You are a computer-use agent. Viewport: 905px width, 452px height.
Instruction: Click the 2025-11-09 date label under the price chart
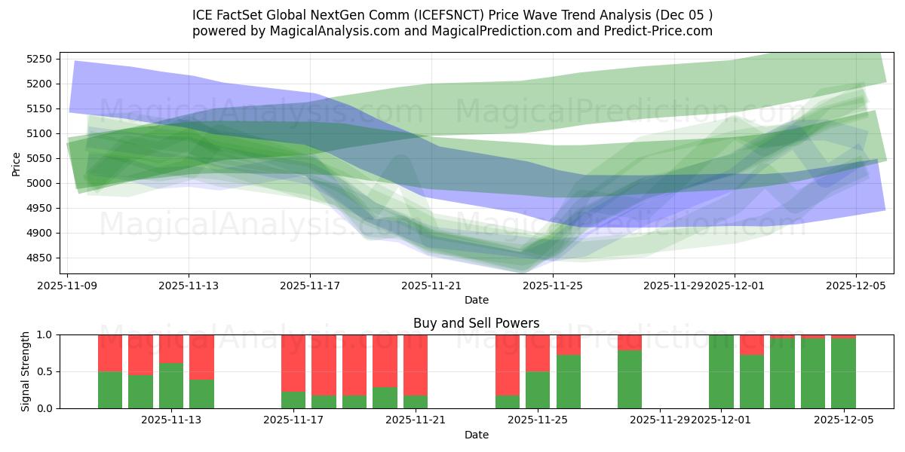pyautogui.click(x=68, y=286)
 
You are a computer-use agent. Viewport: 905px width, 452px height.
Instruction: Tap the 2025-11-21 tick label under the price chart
pyautogui.click(x=431, y=286)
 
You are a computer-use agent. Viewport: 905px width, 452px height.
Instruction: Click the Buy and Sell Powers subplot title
pyautogui.click(x=476, y=323)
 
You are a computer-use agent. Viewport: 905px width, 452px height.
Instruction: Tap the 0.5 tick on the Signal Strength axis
pyautogui.click(x=44, y=371)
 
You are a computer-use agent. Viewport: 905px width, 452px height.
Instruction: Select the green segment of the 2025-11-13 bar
pyautogui.click(x=171, y=386)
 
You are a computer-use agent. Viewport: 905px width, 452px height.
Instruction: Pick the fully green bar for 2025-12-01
pyautogui.click(x=721, y=371)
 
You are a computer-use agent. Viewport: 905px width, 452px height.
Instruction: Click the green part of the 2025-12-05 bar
pyautogui.click(x=843, y=373)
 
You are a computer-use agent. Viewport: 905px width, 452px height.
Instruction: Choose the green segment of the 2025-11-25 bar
pyautogui.click(x=538, y=389)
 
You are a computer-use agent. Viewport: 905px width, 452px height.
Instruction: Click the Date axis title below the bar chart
pyautogui.click(x=476, y=435)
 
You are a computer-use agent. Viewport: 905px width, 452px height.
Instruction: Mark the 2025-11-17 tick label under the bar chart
pyautogui.click(x=293, y=420)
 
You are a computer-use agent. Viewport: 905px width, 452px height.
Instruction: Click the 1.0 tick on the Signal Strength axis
pyautogui.click(x=44, y=334)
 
